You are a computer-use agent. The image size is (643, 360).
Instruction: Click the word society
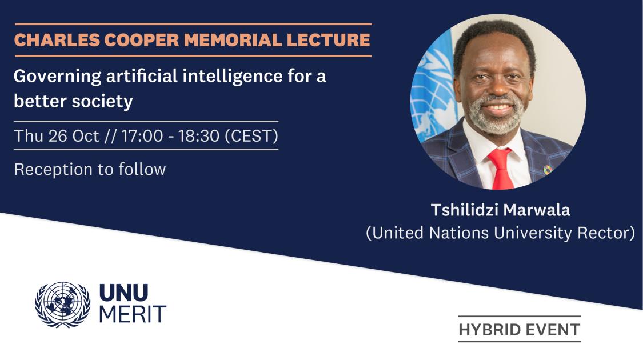[102, 102]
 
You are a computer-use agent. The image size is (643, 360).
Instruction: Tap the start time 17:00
[142, 136]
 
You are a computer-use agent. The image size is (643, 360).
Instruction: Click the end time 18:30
[199, 136]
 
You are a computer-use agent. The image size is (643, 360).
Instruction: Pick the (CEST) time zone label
[251, 136]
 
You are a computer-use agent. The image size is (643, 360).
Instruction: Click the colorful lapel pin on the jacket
[548, 169]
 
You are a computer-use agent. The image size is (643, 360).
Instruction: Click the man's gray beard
[497, 117]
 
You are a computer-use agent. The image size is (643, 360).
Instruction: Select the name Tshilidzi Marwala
[500, 210]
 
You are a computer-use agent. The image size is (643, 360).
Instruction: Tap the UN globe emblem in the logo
[62, 305]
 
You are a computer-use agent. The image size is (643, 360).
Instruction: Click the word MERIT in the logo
[133, 314]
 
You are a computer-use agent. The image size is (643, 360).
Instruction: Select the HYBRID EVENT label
[519, 330]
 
